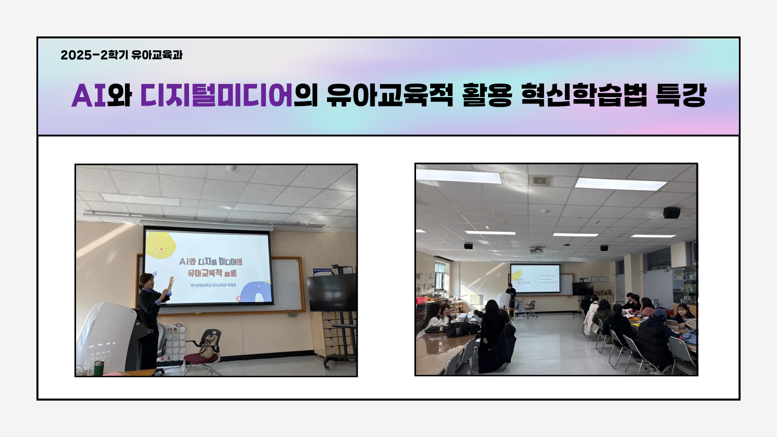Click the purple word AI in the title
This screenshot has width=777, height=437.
(88, 96)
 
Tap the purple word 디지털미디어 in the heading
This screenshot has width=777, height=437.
(217, 96)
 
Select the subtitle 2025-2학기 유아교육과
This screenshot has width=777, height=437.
(121, 55)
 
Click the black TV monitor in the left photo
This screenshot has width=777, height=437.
(331, 293)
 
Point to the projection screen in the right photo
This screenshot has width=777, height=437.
(535, 278)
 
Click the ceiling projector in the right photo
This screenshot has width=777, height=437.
(537, 249)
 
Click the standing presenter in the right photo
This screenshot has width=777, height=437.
(511, 295)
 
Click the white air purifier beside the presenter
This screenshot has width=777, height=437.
(109, 336)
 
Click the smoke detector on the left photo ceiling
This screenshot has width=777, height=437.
(231, 168)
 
